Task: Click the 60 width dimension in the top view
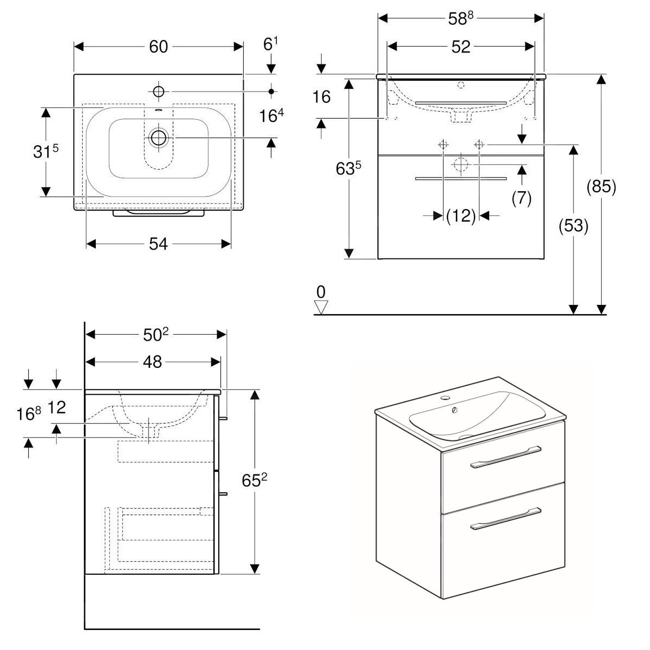tap(158, 47)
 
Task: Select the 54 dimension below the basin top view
tap(158, 245)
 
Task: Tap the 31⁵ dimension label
tap(46, 152)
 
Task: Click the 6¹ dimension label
tap(270, 45)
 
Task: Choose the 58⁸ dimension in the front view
tap(460, 18)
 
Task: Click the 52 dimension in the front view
tap(460, 47)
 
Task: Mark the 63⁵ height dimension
tap(349, 168)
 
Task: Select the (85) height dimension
tap(601, 187)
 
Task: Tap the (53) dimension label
tap(573, 225)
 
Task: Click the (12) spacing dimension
tap(461, 216)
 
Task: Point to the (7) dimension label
tap(521, 198)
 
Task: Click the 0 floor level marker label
tap(321, 292)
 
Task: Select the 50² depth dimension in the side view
tap(156, 335)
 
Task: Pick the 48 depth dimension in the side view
tap(153, 362)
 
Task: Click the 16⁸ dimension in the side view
tap(29, 414)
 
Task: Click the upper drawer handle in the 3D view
tap(505, 459)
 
